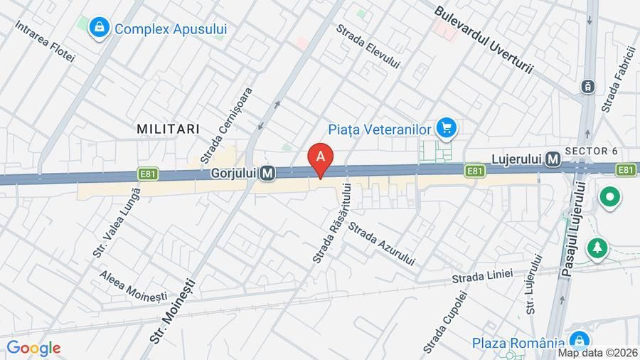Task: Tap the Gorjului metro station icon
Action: tap(268, 173)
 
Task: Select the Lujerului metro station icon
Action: tap(552, 161)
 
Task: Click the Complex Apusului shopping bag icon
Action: tap(99, 28)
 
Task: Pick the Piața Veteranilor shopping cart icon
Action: tap(447, 128)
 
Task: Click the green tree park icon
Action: tap(596, 248)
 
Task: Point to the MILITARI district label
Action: tap(168, 128)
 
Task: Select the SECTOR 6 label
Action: tap(591, 151)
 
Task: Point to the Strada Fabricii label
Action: tap(617, 79)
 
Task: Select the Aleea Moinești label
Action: tap(133, 285)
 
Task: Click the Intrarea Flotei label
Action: tap(45, 41)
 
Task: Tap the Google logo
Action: tap(33, 348)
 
